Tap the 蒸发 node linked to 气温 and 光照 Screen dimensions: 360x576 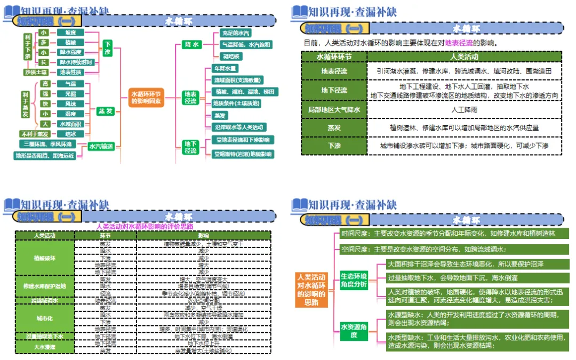pos(106,111)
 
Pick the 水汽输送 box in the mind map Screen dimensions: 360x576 pos(101,146)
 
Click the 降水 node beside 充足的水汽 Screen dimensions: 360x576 pos(191,45)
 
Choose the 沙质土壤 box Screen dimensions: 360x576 pos(36,72)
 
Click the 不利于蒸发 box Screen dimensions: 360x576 pos(35,134)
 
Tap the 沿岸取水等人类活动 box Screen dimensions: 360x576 pos(239,127)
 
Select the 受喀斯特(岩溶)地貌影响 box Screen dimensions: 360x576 pos(243,154)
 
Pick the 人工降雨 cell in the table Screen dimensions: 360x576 pos(464,109)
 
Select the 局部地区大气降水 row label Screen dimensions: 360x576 pos(334,109)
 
